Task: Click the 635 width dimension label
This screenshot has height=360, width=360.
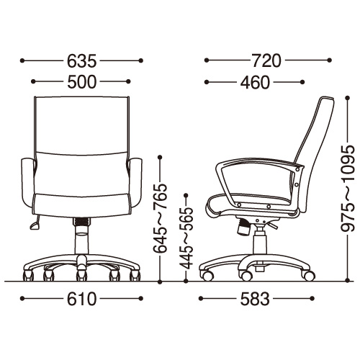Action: pos(81,60)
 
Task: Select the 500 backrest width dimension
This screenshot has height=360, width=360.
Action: pos(81,82)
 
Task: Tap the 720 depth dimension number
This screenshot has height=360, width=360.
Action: pos(266,60)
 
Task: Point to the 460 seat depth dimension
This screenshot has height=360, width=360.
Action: pos(255,82)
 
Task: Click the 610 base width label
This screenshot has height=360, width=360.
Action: pos(81,299)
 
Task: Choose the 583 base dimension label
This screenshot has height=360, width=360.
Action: pos(255,299)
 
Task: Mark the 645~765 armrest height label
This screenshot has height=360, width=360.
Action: pos(160,218)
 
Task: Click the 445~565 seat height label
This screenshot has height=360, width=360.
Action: pos(186,238)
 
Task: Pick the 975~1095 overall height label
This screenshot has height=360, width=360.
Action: pos(348,188)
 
